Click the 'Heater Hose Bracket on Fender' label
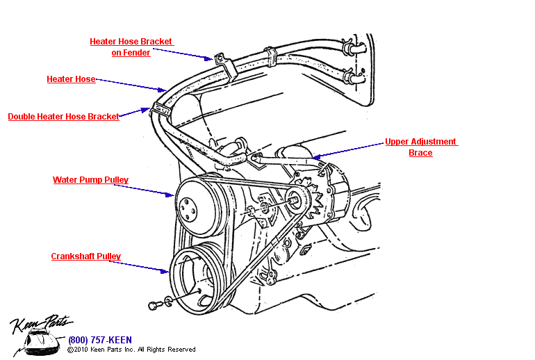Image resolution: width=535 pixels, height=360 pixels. [131, 47]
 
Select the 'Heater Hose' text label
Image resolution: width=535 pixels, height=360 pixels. [71, 79]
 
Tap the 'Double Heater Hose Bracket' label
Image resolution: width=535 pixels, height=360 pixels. [64, 117]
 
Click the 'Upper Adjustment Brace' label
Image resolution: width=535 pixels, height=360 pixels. [421, 147]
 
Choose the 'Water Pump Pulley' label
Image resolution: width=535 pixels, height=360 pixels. [90, 180]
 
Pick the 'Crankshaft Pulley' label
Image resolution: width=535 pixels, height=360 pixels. [85, 256]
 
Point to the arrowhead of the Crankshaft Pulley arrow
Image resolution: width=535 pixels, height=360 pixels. [166, 271]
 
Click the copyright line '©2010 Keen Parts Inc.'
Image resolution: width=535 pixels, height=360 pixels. [131, 350]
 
